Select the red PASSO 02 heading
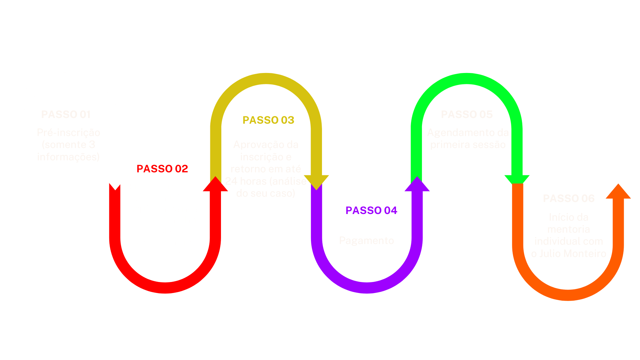click(x=162, y=169)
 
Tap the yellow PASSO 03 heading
click(x=268, y=120)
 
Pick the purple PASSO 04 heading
click(x=371, y=210)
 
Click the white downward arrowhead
click(x=115, y=182)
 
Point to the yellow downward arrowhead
click(x=316, y=182)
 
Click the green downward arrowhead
click(x=517, y=179)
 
